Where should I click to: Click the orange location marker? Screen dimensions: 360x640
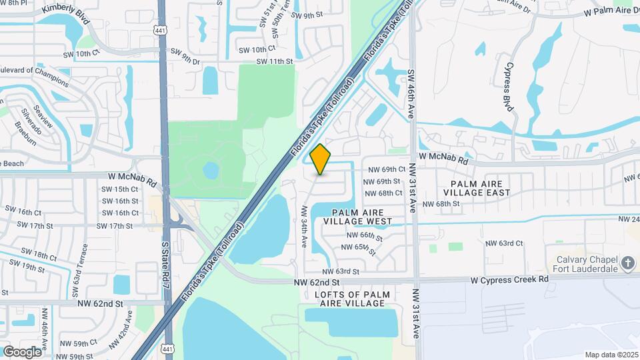(321, 159)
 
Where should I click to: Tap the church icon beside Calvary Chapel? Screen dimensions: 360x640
(627, 263)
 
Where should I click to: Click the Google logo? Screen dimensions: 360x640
(23, 352)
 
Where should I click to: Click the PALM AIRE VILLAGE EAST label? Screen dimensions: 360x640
(480, 187)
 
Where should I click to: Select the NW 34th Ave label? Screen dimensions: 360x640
(303, 226)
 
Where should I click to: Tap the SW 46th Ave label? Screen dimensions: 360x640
(411, 95)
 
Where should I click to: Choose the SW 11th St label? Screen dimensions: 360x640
(275, 61)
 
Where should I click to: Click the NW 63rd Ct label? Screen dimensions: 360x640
(504, 243)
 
